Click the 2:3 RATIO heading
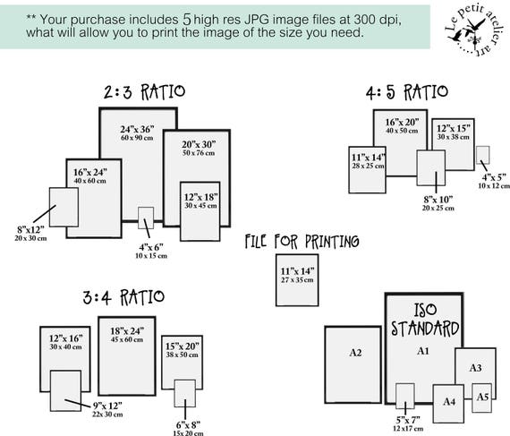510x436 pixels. (x=144, y=92)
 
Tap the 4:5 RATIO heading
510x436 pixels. (x=407, y=92)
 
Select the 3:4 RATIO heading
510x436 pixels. (x=123, y=297)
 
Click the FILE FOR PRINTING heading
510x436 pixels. (x=302, y=242)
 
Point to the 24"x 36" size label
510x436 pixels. (x=137, y=130)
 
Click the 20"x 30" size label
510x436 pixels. (x=199, y=144)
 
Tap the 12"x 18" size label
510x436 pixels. (x=201, y=197)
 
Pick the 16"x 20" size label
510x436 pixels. (x=402, y=123)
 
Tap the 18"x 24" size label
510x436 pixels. (x=127, y=331)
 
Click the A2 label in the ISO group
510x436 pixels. (x=355, y=353)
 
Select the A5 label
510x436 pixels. (x=482, y=397)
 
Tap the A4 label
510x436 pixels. (x=449, y=401)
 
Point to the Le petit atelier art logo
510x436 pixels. (x=474, y=30)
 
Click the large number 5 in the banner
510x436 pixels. (x=187, y=20)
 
